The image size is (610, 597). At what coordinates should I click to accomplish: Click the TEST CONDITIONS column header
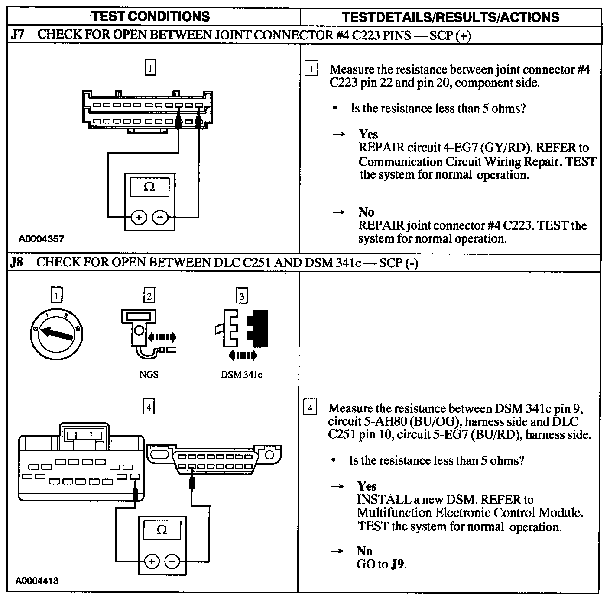pyautogui.click(x=151, y=16)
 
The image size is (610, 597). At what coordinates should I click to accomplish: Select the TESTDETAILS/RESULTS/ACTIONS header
pyautogui.click(x=451, y=17)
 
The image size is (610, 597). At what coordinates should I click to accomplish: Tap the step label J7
pyautogui.click(x=17, y=35)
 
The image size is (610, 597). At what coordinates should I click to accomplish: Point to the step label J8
pyautogui.click(x=17, y=262)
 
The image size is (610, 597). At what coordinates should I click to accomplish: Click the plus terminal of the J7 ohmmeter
pyautogui.click(x=139, y=218)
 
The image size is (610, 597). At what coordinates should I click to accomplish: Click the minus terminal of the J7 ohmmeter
pyautogui.click(x=160, y=218)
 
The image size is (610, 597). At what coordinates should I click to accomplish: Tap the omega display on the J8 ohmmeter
pyautogui.click(x=162, y=530)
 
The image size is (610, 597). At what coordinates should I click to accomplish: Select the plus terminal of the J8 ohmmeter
pyautogui.click(x=151, y=562)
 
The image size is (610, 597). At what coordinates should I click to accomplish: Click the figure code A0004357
pyautogui.click(x=41, y=238)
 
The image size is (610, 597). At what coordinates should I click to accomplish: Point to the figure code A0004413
pyautogui.click(x=37, y=581)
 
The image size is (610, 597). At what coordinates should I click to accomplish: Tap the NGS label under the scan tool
pyautogui.click(x=149, y=374)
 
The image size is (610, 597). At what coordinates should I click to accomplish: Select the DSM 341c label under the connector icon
pyautogui.click(x=241, y=375)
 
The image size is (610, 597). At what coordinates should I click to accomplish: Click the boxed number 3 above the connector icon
pyautogui.click(x=242, y=296)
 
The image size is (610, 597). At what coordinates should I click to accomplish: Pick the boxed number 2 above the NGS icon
pyautogui.click(x=149, y=296)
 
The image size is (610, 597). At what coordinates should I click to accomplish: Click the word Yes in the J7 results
pyautogui.click(x=368, y=134)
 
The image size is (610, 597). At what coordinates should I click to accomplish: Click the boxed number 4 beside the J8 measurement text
pyautogui.click(x=310, y=408)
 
